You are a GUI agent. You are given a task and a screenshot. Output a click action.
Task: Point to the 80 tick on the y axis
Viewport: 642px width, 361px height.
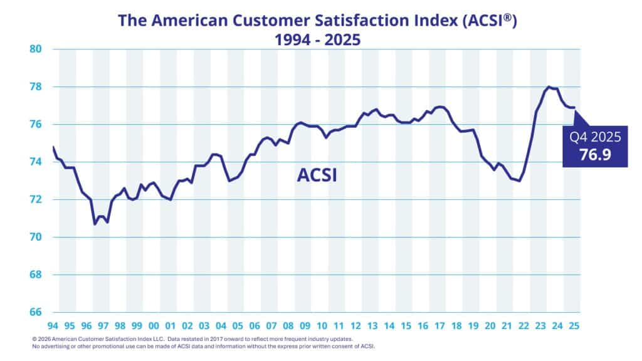(x=35, y=49)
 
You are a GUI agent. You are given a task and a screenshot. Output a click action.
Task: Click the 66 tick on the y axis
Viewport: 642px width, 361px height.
(x=35, y=312)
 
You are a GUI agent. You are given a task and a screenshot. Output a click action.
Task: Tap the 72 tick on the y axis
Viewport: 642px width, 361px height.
(x=35, y=199)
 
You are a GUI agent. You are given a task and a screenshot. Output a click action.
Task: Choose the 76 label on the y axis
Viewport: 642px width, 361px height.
(x=35, y=124)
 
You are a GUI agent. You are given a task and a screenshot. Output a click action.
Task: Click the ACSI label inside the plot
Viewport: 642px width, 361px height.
(x=317, y=175)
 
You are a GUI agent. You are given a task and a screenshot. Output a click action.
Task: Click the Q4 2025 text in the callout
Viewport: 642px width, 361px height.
(x=594, y=136)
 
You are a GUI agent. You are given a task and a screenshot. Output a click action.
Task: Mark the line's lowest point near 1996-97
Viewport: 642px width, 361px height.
(x=95, y=224)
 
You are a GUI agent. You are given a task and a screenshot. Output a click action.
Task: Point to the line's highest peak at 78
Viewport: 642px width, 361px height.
(x=549, y=87)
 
